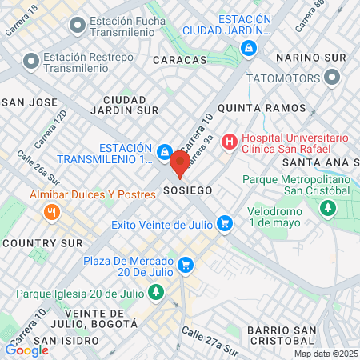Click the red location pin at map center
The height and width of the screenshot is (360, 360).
pos(180,162)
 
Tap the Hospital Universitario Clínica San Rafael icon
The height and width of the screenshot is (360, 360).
pos(230,142)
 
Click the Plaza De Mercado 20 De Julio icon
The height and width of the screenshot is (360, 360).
pos(186,263)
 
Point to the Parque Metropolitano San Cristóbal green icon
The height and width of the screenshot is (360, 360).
pos(326,209)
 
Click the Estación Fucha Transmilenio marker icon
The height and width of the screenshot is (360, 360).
pos(77,26)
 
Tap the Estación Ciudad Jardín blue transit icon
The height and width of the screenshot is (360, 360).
pos(250,49)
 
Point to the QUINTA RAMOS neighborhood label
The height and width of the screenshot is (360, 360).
pos(261,108)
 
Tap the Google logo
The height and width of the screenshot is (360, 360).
pos(27,350)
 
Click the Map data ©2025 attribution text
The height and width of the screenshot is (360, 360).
pos(324,354)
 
